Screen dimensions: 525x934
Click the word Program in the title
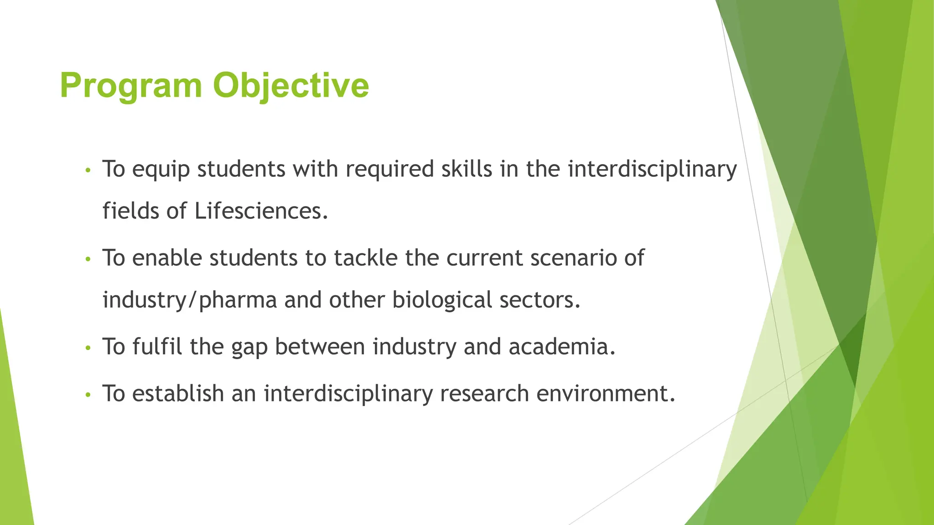[131, 86]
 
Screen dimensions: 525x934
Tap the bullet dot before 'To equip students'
[88, 170]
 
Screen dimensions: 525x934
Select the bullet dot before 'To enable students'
[88, 259]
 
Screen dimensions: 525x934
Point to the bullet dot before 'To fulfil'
[88, 348]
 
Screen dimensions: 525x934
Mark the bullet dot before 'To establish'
[88, 395]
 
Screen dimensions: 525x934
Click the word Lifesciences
[261, 211]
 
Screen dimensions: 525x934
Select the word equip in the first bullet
[161, 170]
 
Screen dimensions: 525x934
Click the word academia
[562, 347]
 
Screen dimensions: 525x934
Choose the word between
[320, 347]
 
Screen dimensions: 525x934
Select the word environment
[605, 393]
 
